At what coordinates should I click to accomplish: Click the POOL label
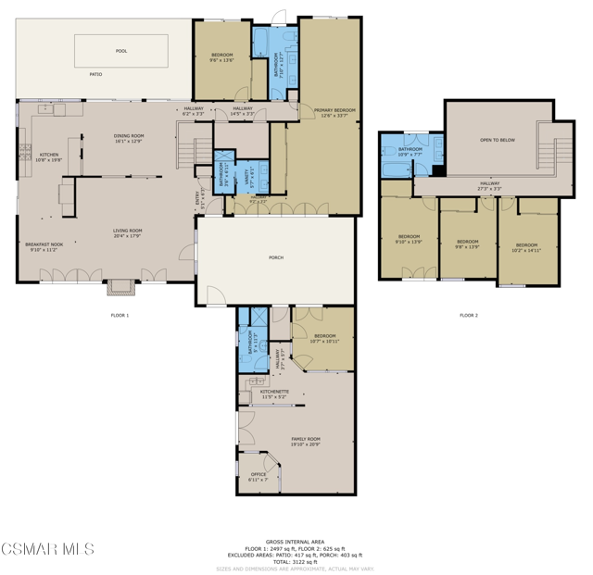pos(121,51)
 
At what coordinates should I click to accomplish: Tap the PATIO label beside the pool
pos(95,73)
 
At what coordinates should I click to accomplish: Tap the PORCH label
pos(276,257)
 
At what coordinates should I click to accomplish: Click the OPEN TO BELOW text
pos(498,140)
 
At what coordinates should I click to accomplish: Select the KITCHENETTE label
pos(274,394)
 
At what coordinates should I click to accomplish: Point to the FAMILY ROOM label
pos(306,441)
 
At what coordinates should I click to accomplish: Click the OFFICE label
pos(259,476)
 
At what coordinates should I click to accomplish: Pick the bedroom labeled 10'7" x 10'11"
pos(324,338)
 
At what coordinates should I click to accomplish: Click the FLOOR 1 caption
pos(120,316)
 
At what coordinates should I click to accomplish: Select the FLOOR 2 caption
pos(469,316)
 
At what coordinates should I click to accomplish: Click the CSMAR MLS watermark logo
pos(47,550)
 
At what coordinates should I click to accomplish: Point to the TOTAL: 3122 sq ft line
pos(295,562)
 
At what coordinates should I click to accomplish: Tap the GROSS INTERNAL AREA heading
pos(295,541)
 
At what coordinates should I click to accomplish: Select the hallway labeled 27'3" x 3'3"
pos(489,185)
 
